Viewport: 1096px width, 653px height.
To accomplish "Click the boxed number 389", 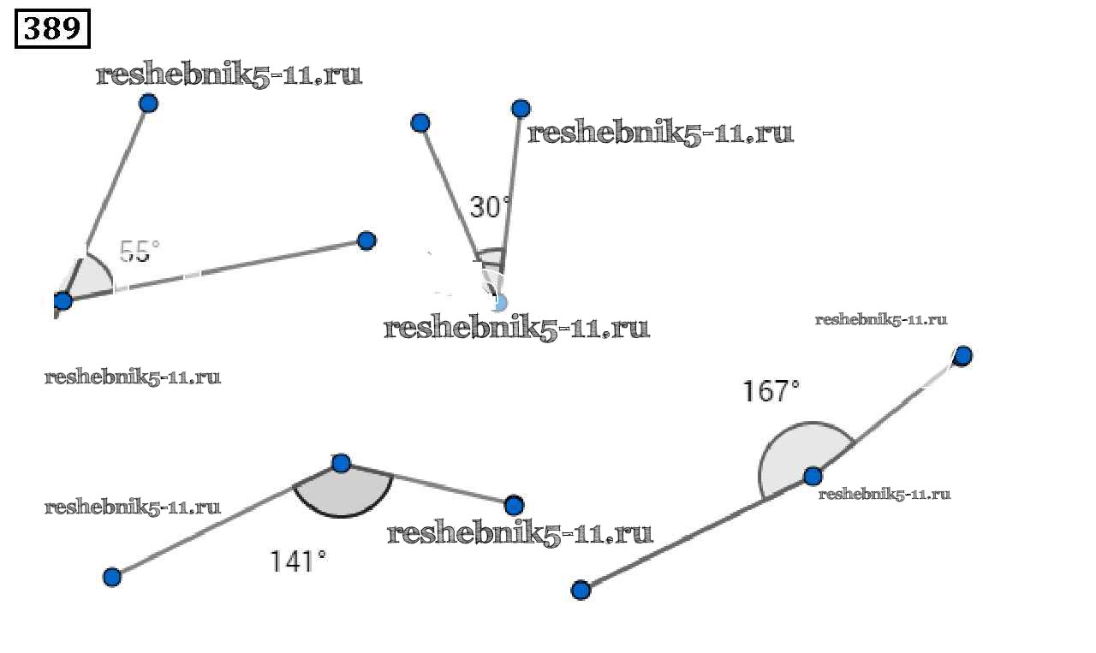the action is (52, 28).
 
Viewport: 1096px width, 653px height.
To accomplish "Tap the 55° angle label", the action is (140, 252).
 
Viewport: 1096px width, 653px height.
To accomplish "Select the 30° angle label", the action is (490, 207).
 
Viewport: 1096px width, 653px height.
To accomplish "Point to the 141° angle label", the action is (297, 561).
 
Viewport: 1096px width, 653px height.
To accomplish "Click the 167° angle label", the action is (771, 391).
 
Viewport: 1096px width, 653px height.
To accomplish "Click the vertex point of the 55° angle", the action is (63, 300).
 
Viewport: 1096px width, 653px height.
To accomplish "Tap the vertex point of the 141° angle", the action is (341, 463).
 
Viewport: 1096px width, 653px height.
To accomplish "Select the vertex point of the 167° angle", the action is (813, 476).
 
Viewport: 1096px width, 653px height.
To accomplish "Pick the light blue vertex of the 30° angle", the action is (498, 302).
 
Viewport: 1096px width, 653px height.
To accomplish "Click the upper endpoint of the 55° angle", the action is (149, 104).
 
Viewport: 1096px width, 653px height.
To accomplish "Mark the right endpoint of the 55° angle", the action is (366, 240).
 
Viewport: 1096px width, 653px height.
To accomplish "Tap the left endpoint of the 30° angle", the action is (420, 122).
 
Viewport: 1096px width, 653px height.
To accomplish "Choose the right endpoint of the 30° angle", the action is (521, 109).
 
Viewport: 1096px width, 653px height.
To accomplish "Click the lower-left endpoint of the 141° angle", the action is (112, 577).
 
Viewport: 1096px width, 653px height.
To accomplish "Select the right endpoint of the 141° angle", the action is (514, 505).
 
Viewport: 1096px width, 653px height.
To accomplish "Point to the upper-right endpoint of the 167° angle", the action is (963, 356).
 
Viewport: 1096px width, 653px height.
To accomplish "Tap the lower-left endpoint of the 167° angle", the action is (581, 590).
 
